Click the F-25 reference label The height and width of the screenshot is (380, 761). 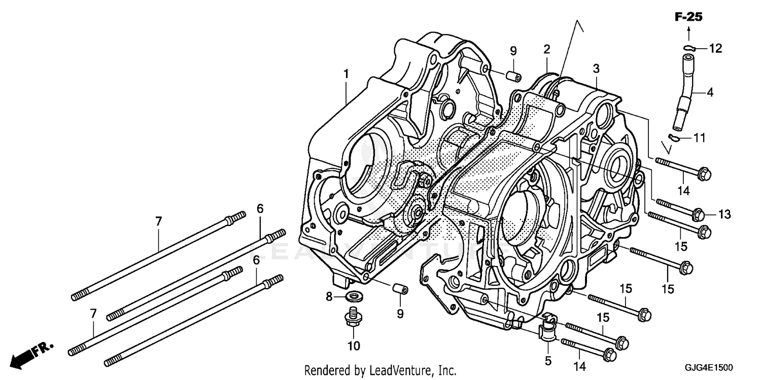(688, 17)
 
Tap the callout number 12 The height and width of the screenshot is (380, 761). (715, 49)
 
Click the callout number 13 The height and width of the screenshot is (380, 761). (724, 214)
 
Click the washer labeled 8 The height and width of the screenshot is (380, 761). (350, 295)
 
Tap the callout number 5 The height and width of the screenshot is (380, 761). (548, 361)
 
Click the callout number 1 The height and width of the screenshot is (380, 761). (346, 74)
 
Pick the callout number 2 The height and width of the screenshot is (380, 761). (546, 49)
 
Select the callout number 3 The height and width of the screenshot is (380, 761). (596, 68)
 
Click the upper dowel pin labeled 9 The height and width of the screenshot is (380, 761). (513, 76)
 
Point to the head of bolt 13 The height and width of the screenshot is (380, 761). (698, 214)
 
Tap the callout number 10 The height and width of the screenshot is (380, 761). (354, 346)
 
